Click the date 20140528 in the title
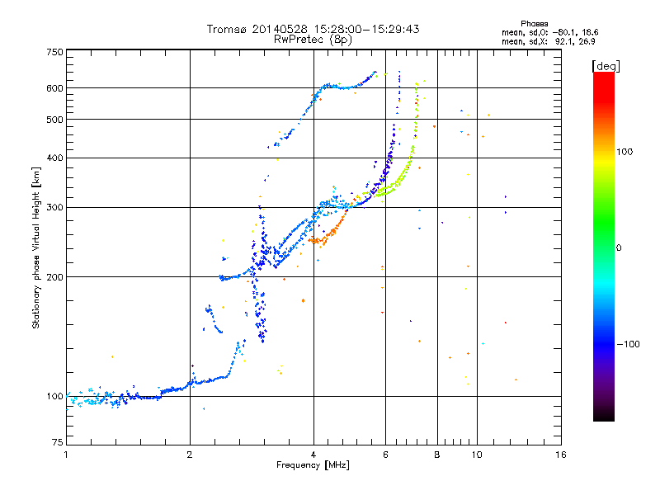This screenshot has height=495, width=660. point(280,29)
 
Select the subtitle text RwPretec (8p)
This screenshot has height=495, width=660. point(313,40)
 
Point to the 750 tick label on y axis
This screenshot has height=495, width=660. point(54,52)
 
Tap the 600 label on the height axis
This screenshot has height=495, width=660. point(54,88)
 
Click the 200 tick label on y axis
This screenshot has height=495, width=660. point(54,277)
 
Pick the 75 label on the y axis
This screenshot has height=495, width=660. point(57,442)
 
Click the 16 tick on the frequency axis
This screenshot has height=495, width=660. point(561,455)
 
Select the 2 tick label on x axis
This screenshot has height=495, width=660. point(190,455)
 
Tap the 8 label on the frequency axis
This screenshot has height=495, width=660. point(437,455)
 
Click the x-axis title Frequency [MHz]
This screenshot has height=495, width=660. point(313,465)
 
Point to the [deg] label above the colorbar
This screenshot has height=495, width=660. point(606,66)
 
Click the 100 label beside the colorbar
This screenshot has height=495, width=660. point(625,152)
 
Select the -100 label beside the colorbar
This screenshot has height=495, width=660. point(628,344)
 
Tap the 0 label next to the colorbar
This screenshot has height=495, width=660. point(619,248)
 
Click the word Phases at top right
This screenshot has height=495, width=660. point(534,24)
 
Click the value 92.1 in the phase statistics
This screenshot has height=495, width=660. point(563,41)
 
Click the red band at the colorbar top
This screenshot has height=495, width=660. point(604,84)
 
